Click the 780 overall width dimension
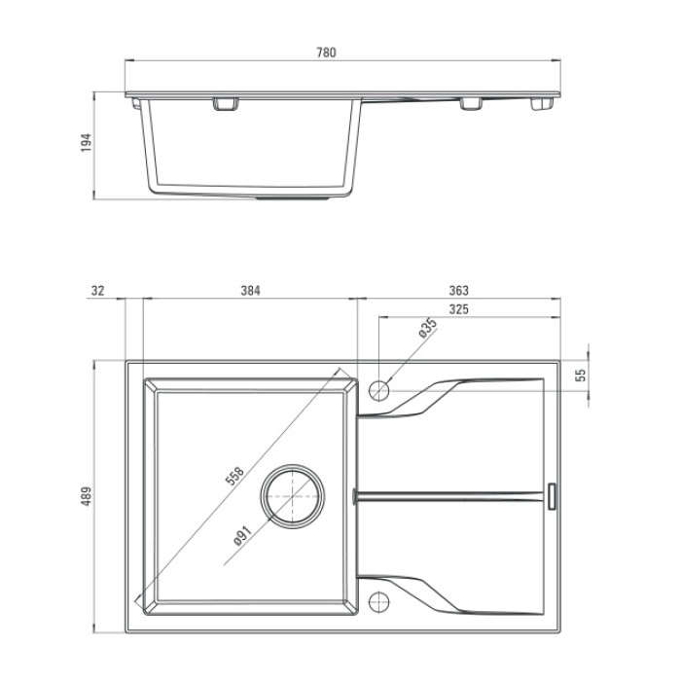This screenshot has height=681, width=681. coord(326,53)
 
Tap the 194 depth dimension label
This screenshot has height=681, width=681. coord(87,142)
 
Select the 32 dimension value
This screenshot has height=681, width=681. coord(97,291)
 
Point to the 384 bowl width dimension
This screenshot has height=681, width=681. coord(251,291)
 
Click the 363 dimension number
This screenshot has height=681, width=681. coord(458,291)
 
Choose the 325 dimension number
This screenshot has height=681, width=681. coord(458,309)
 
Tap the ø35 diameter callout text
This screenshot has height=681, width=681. coord(427,328)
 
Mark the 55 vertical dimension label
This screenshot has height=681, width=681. coord(580,376)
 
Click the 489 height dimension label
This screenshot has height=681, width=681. coord(87,496)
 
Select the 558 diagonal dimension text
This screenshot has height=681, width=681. coord(235,476)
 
